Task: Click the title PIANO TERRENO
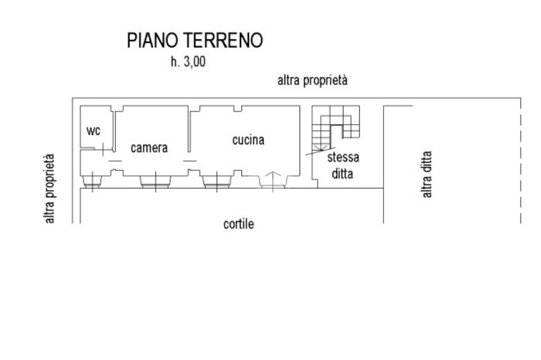[195, 41]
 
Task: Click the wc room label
[94, 130]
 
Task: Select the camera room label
[149, 148]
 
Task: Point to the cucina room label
[248, 140]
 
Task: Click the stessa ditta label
[343, 165]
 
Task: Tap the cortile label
[239, 224]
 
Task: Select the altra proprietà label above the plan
[313, 81]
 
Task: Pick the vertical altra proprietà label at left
[50, 188]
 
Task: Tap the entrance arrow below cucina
[273, 179]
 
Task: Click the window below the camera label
[155, 181]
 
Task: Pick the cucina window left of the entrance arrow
[216, 181]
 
